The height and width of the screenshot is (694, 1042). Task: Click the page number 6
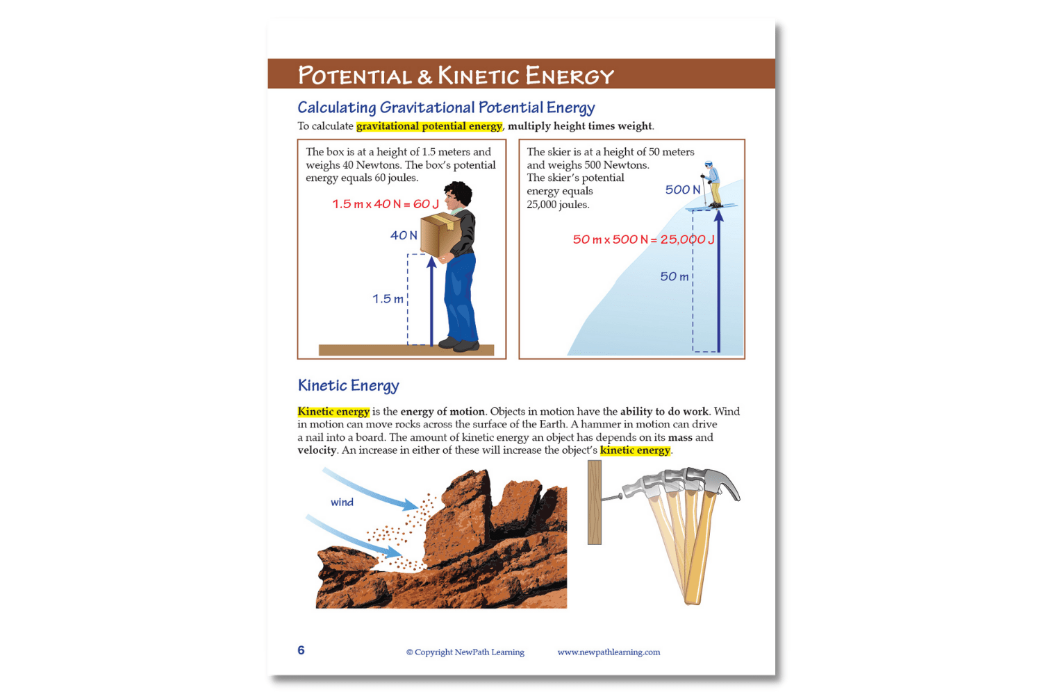coord(301,650)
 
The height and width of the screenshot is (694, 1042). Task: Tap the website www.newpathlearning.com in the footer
coord(609,652)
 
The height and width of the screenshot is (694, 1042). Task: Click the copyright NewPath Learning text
coord(465,652)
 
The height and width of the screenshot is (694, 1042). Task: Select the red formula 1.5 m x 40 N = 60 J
coord(386,204)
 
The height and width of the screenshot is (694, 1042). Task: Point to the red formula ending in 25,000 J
coord(643,239)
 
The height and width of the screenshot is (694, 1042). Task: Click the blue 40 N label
coord(404,236)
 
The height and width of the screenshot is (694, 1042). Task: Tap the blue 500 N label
coord(682,190)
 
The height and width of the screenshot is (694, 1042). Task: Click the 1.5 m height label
coord(388,299)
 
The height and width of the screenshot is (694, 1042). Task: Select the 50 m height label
coord(674,277)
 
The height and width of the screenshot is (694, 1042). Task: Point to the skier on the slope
coord(711,184)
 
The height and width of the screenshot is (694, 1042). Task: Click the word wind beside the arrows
coord(342,502)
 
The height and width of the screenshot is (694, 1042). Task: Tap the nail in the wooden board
coord(611,497)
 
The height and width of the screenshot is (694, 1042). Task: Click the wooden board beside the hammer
coord(595,502)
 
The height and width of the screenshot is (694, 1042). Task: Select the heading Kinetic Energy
coord(348,386)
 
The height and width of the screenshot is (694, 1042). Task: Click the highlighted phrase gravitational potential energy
coord(429,126)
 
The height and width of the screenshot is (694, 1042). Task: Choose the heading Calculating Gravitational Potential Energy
coord(446,108)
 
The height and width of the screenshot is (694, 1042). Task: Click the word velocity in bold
coord(317,450)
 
